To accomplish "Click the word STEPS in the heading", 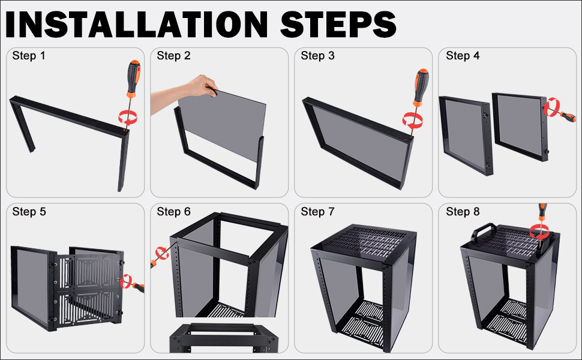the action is pos(338,24).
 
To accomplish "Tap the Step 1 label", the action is pos(29,56).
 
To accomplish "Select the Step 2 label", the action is pos(173,56).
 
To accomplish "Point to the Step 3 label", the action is pos(317,56).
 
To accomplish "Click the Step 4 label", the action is pos(463,56).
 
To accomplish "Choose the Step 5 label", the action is pos(29,212).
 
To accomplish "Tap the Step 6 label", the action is pos(173,212).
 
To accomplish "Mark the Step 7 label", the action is pos(317,212).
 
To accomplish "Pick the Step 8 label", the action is pos(463,212).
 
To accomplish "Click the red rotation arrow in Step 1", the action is pos(128,117).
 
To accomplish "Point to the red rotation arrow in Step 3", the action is pos(413,121).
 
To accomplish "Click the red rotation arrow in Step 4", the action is pos(552,107).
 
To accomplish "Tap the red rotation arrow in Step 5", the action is pos(127,281).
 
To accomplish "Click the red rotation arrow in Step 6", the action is pos(162,253).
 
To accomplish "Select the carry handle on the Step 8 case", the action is pos(482,230).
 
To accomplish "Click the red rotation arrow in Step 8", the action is pos(539,232).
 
